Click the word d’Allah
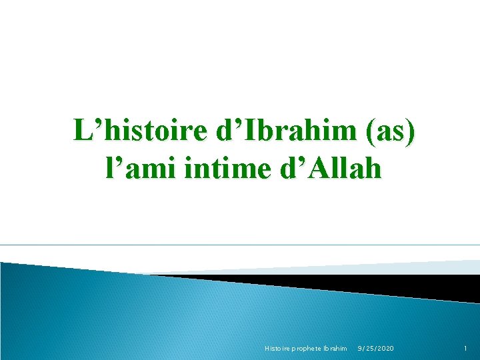pyautogui.click(x=329, y=168)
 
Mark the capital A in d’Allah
pyautogui.click(x=318, y=168)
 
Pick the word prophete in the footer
pyautogui.click(x=305, y=349)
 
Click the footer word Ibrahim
pyautogui.click(x=335, y=349)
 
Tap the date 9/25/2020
pyautogui.click(x=375, y=349)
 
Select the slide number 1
pyautogui.click(x=466, y=349)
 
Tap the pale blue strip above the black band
pyautogui.click(x=400, y=267)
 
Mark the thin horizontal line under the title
pyautogui.click(x=240, y=245)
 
